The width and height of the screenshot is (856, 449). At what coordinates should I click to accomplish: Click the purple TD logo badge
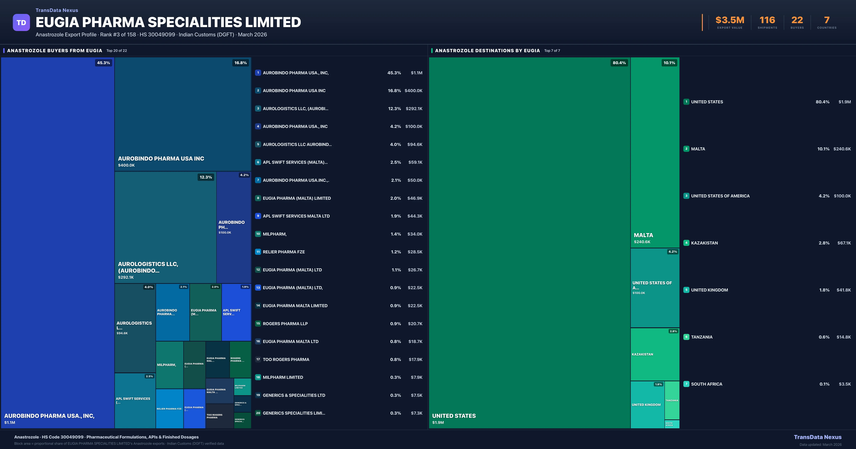click(21, 22)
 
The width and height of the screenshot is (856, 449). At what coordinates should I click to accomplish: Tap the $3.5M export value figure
click(730, 20)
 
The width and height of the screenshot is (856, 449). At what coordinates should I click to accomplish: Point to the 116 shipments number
click(767, 20)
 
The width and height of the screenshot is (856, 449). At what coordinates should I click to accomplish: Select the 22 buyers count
click(797, 20)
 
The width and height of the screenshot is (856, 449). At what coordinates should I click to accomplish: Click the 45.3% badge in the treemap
click(103, 63)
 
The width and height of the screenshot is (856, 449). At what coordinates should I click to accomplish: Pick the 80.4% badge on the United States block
click(619, 63)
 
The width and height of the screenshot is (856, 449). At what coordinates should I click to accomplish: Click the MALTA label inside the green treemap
click(643, 235)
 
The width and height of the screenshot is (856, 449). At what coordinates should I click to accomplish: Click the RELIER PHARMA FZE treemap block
click(169, 409)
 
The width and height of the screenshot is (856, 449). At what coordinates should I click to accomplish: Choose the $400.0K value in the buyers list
click(413, 91)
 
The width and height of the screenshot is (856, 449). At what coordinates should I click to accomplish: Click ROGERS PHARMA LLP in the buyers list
click(285, 323)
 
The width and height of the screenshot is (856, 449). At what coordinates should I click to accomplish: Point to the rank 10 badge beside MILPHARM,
click(258, 234)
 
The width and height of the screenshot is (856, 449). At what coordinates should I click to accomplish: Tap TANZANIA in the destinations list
click(702, 337)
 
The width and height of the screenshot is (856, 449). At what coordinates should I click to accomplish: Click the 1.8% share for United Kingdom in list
click(824, 290)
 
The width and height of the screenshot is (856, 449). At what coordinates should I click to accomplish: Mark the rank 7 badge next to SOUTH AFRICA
click(686, 384)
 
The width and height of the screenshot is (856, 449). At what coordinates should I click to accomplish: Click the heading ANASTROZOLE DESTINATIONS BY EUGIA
click(487, 50)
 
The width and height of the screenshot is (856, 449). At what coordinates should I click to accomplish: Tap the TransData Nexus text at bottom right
click(817, 437)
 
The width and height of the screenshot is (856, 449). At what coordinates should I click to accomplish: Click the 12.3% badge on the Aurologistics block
click(206, 177)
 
